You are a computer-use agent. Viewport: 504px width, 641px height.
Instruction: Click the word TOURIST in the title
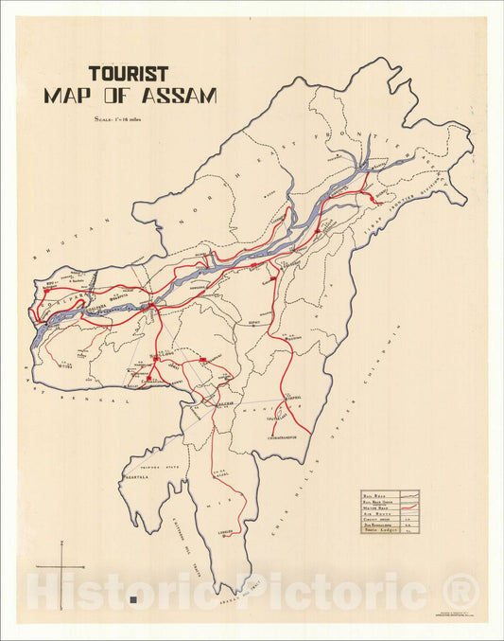(x=129, y=73)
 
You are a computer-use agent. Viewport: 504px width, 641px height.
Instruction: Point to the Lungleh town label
(x=225, y=532)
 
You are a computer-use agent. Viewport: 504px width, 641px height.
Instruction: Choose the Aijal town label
(x=219, y=473)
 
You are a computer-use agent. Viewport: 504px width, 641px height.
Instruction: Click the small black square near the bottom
(x=138, y=598)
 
